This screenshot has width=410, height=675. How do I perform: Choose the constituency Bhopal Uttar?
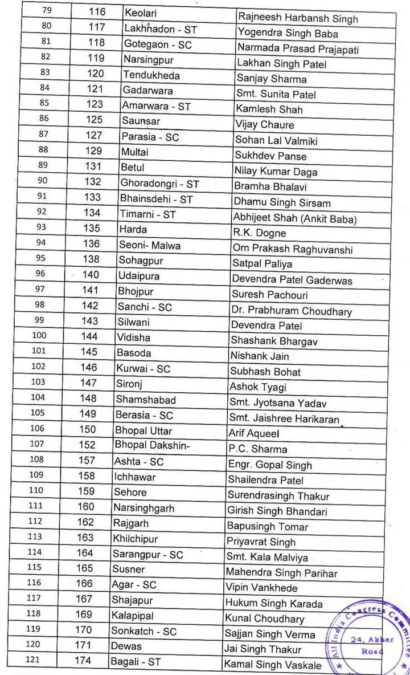click(143, 430)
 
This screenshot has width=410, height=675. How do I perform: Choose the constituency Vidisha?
click(133, 337)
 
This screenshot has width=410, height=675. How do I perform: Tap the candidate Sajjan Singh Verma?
click(269, 635)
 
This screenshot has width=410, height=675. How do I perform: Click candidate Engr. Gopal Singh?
click(262, 465)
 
